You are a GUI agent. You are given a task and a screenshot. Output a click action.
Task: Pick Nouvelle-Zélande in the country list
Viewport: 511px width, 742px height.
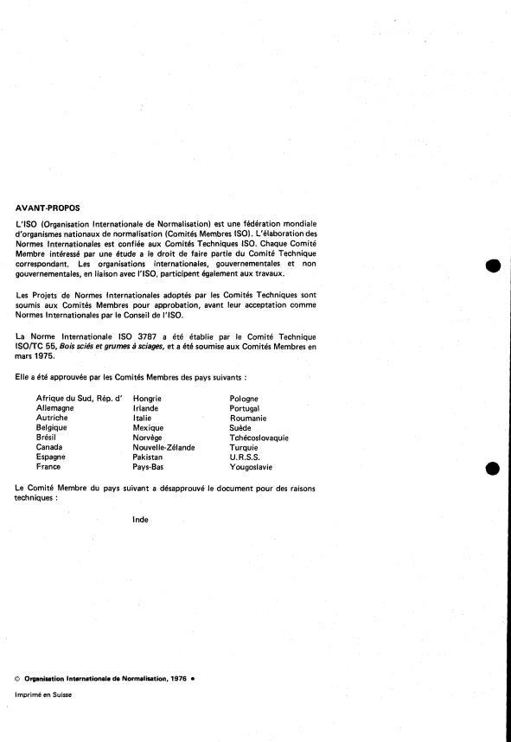[x=163, y=447]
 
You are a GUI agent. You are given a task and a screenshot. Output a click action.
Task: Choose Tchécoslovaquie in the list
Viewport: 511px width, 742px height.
[x=259, y=438]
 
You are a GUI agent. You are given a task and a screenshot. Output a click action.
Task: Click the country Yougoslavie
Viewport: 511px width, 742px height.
[x=251, y=467]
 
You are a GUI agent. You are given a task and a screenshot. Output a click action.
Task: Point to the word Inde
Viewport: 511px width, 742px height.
[x=140, y=520]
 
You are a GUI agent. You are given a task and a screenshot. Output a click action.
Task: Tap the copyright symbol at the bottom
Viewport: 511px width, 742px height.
[x=19, y=678]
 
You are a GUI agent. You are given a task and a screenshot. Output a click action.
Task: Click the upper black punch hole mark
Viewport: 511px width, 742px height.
[x=493, y=265]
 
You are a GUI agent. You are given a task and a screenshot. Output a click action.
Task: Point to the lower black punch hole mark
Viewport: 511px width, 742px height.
[x=493, y=468]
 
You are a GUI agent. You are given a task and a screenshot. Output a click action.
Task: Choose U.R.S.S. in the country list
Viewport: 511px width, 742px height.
[x=244, y=457]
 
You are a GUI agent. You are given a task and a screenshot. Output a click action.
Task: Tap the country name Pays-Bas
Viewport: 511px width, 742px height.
[x=149, y=467]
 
